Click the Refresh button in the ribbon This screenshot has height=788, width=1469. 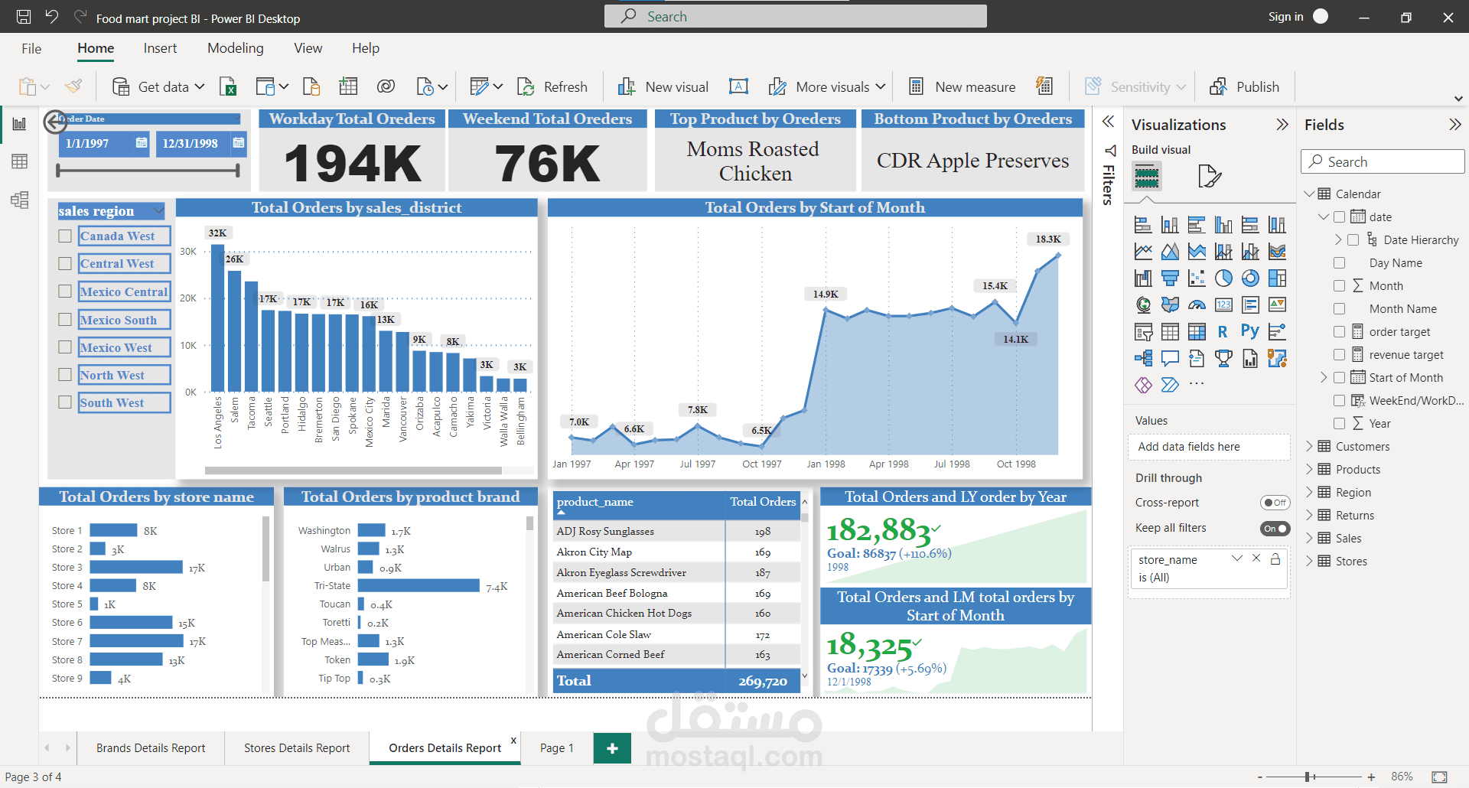point(552,87)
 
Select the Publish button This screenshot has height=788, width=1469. point(1245,87)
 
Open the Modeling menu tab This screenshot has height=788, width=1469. point(235,48)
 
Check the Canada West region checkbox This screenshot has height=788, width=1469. point(66,236)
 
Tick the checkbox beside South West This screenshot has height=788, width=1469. point(66,402)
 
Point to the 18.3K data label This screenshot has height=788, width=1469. point(1047,239)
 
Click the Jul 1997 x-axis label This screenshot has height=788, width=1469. point(698,464)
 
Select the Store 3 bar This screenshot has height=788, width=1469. point(136,568)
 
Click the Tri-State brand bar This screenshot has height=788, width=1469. point(419,586)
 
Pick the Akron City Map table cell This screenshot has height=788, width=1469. point(594,552)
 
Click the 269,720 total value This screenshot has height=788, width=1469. point(762,681)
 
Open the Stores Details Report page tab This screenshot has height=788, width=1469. point(297,748)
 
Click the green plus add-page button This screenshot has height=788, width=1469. point(612,748)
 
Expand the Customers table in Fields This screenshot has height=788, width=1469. point(1309,447)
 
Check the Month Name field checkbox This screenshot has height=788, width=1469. point(1339,309)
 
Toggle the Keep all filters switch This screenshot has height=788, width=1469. point(1275,529)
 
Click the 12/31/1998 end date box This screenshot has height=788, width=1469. point(191,144)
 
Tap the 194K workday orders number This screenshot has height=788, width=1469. point(352,164)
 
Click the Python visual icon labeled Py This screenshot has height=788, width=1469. point(1249,331)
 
